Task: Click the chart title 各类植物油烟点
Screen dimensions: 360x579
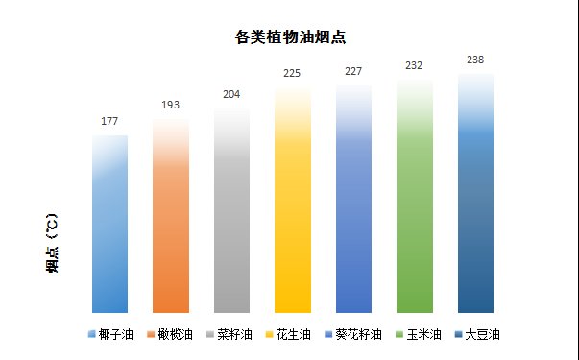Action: point(290,38)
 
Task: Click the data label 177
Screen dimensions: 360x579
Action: point(109,122)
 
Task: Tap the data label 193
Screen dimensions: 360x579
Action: point(171,104)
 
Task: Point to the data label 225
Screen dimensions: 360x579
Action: point(293,73)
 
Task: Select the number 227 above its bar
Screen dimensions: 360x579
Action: point(353,71)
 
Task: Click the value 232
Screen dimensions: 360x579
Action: point(415,65)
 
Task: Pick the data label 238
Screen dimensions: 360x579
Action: point(475,59)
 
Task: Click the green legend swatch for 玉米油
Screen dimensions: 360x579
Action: point(399,335)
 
